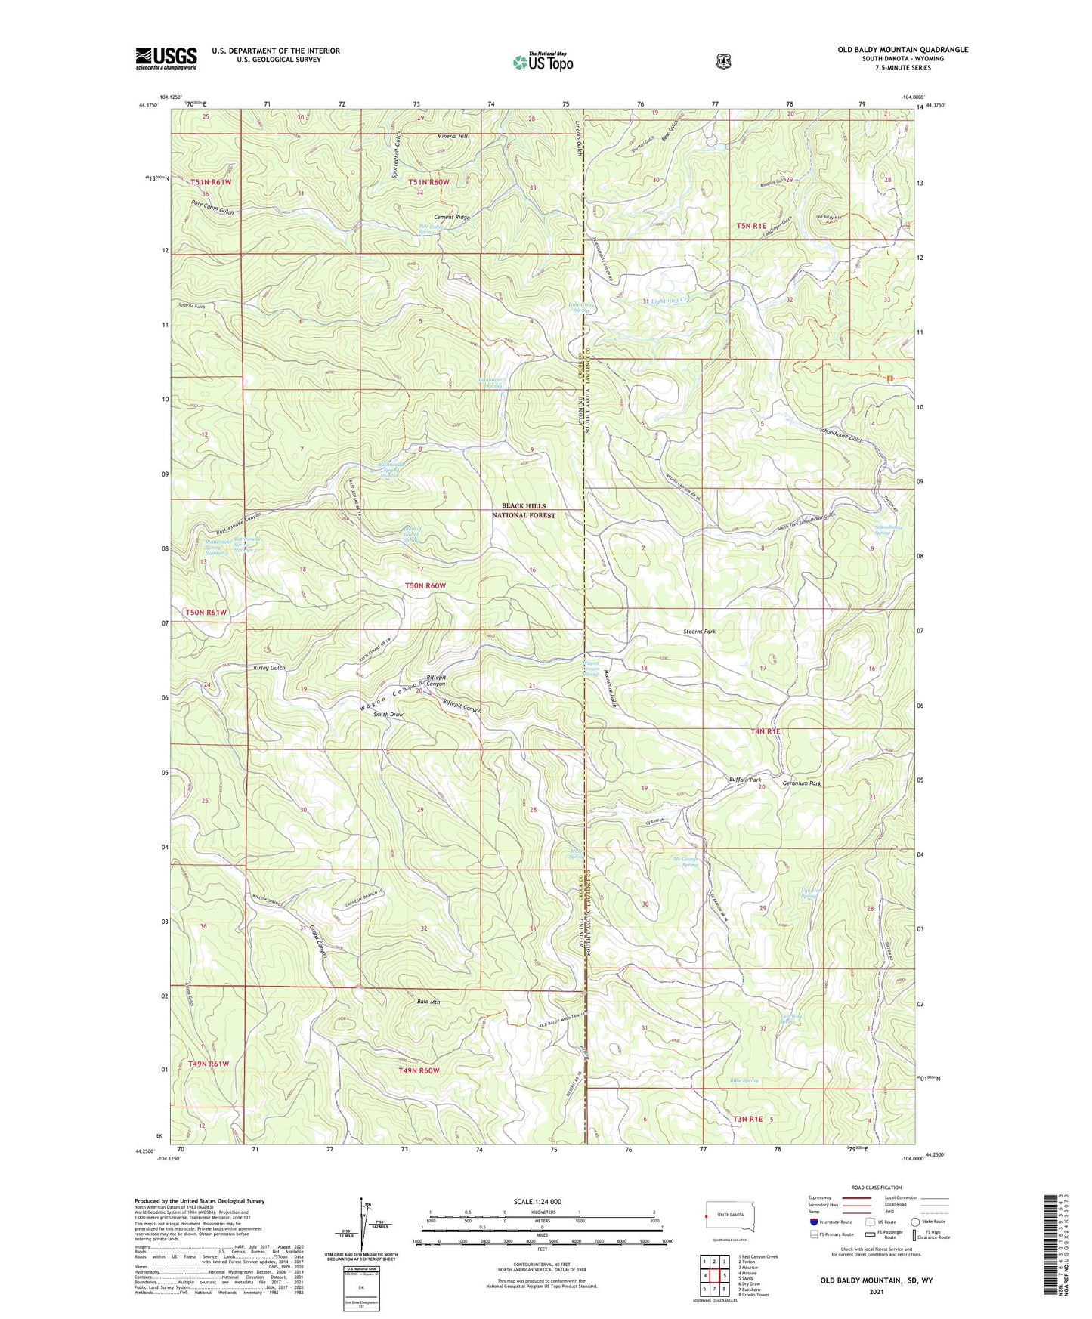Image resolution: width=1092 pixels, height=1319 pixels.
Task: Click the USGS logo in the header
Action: [166, 57]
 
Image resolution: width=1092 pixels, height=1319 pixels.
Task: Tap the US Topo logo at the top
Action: [543, 62]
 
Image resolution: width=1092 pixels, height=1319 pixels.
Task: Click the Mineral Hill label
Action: [453, 137]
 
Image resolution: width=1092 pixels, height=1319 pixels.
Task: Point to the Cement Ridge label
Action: [451, 218]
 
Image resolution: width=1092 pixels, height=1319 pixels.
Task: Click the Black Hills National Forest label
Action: [524, 511]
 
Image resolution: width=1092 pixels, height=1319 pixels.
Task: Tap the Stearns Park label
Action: [694, 631]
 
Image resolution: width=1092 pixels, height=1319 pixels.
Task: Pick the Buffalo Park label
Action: [744, 779]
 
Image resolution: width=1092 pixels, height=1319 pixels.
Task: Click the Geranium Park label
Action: [800, 784]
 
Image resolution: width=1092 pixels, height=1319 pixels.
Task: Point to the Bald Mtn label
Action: [428, 1002]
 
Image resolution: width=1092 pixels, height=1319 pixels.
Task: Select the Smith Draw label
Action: [388, 714]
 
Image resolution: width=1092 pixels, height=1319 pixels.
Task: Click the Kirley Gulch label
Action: [269, 668]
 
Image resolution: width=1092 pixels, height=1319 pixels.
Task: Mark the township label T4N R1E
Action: [764, 731]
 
